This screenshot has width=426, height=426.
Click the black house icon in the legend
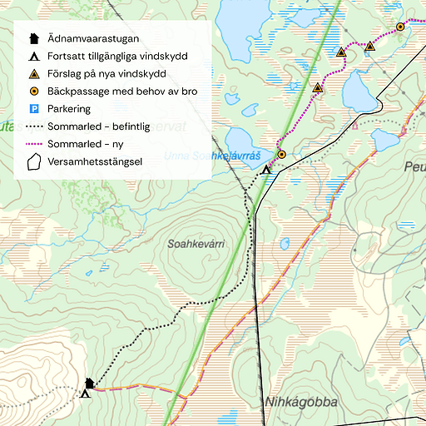pos(34,38)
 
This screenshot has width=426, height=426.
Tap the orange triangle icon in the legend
pos(34,74)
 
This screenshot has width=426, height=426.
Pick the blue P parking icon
pos(34,109)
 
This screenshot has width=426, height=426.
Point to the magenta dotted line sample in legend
pos(34,144)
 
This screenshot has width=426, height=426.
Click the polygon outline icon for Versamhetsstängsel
pos(34,161)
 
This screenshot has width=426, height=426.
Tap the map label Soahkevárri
pos(196,245)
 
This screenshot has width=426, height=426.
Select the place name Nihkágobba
pos(301,403)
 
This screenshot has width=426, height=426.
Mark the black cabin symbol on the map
pos(90,383)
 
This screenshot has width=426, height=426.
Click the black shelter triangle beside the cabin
pos(85,394)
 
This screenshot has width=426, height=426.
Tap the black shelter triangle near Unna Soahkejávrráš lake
pos(266,170)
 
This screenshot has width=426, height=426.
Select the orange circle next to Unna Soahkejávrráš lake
pos(281,154)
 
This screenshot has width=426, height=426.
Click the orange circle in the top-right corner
pos(400,27)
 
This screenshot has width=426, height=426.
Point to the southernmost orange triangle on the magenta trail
pos(317,87)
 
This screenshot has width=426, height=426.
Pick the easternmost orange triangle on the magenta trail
pos(369,47)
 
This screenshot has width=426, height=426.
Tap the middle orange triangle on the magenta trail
pos(341,52)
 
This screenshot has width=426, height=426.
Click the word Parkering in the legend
pos(69,109)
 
